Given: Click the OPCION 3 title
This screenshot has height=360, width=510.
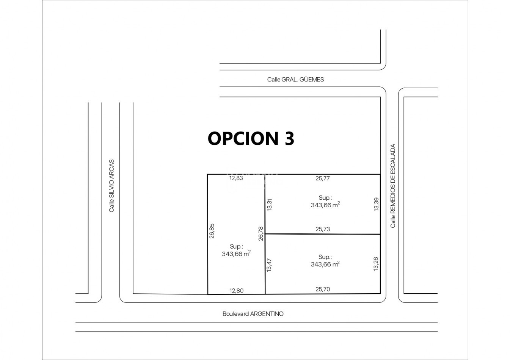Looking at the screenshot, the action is (251, 138).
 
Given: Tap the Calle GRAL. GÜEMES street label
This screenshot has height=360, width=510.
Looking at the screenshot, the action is (295, 80).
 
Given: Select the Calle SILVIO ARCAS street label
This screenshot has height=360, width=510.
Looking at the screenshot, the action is (111, 186).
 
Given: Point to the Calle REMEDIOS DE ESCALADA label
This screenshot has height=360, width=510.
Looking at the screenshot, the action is (393, 186).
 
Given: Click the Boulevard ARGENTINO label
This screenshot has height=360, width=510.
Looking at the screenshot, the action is (253, 314).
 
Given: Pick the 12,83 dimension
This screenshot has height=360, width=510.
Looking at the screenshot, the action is (236, 178).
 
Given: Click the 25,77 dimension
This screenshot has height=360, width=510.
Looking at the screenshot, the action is (323, 178).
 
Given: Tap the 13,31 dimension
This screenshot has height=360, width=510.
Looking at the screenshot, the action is (269, 205).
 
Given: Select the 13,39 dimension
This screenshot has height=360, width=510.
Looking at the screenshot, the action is (377, 204).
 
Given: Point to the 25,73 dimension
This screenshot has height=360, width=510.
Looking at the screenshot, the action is (323, 229).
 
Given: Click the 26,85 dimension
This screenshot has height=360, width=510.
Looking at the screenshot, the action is (212, 231).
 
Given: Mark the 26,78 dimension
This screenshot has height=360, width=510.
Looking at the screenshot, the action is (261, 233).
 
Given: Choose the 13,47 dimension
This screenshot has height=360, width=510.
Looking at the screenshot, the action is (269, 265).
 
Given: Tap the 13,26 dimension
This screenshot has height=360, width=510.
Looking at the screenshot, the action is (376, 264).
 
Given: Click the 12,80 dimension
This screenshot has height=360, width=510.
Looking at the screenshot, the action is (236, 291).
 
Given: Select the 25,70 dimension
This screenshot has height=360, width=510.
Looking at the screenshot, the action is (323, 289).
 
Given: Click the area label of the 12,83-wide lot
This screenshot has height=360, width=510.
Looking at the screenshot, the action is (236, 250).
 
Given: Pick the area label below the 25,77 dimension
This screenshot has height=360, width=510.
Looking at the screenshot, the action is (325, 201).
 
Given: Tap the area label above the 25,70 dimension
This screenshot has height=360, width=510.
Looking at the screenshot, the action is (325, 261).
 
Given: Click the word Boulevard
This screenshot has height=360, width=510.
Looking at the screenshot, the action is (235, 314).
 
